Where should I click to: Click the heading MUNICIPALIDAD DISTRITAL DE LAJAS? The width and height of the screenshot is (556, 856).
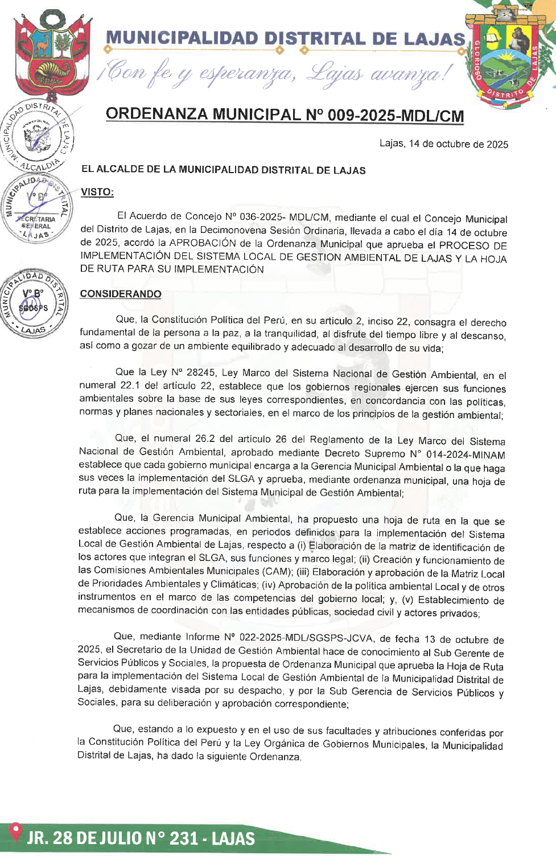coord(285,39)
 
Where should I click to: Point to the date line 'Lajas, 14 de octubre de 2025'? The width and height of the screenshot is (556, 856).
coord(443,144)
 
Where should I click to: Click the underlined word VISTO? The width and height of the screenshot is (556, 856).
coord(97,192)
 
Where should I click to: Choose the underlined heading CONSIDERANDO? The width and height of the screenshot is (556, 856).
coord(121,294)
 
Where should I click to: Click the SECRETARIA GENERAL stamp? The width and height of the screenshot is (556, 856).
coord(36,209)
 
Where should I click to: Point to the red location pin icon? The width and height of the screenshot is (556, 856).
coord(15,833)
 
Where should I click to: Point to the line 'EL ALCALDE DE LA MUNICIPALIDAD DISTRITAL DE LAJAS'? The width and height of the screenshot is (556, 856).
coord(223,170)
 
